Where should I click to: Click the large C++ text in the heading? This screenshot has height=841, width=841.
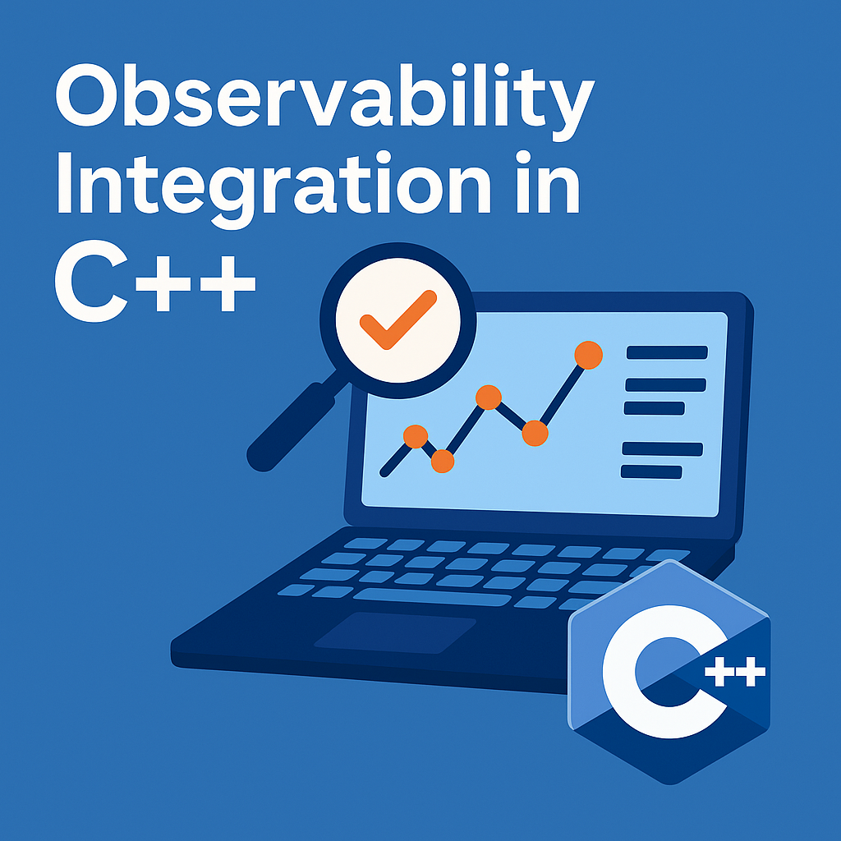tap(155, 281)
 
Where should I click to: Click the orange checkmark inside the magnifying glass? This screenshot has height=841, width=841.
tap(398, 319)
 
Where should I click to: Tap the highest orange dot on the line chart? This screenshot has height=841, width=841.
tap(588, 355)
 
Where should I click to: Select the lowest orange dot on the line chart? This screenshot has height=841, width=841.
tap(443, 462)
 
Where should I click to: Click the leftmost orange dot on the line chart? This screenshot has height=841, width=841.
tap(415, 436)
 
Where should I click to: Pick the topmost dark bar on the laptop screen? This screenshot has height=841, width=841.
tap(667, 352)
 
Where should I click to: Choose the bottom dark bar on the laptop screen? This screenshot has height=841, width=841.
tap(651, 472)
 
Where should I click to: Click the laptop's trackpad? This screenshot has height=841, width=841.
tap(395, 633)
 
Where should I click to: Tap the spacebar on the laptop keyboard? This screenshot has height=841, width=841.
tap(432, 597)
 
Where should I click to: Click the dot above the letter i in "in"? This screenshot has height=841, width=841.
tap(523, 157)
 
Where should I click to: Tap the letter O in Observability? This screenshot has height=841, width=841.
tap(86, 95)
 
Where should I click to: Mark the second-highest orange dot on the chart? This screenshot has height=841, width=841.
tap(488, 398)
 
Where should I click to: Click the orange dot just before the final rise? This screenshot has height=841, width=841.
tap(535, 434)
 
